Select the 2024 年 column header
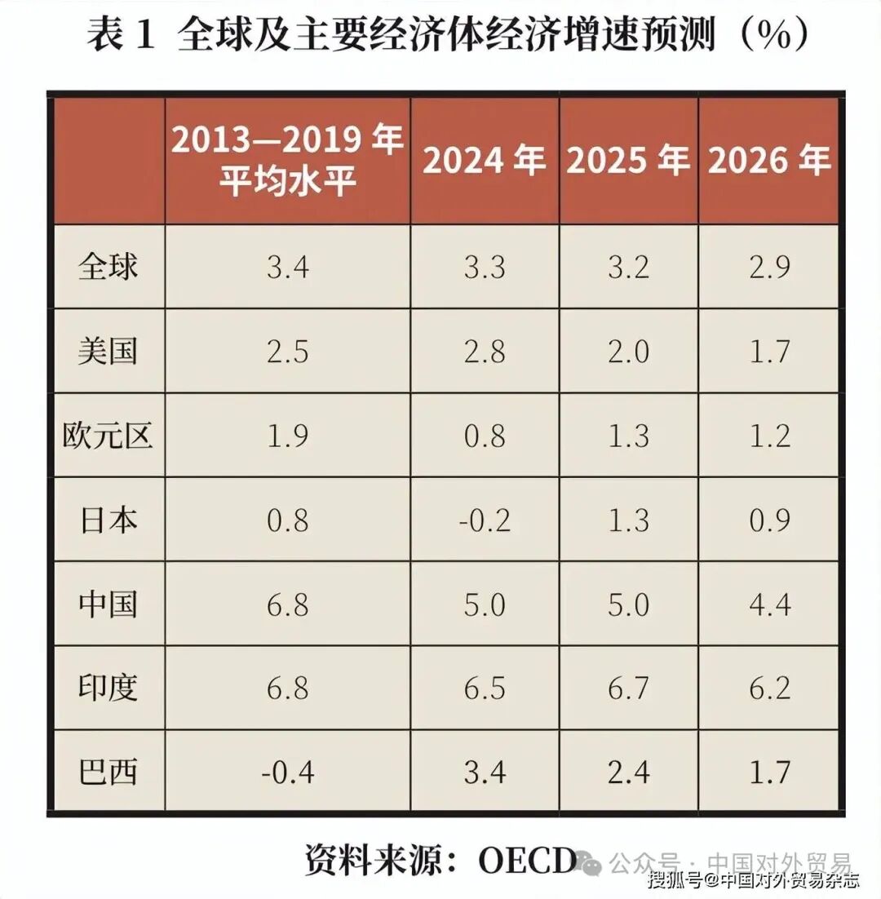tap(485, 162)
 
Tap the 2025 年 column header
tap(628, 162)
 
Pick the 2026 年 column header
tap(769, 162)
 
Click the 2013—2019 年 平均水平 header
tap(287, 162)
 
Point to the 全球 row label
tap(108, 268)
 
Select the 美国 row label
tap(108, 352)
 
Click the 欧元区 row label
tap(108, 436)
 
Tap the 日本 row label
tap(108, 520)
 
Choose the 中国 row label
tap(108, 604)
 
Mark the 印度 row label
tap(108, 689)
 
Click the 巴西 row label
tap(108, 772)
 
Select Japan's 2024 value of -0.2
tap(485, 520)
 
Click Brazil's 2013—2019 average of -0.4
tap(287, 772)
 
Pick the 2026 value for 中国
tap(769, 604)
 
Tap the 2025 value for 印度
tap(628, 689)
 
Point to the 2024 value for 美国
tap(485, 352)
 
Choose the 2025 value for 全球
tap(628, 268)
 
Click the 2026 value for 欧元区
tap(769, 436)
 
